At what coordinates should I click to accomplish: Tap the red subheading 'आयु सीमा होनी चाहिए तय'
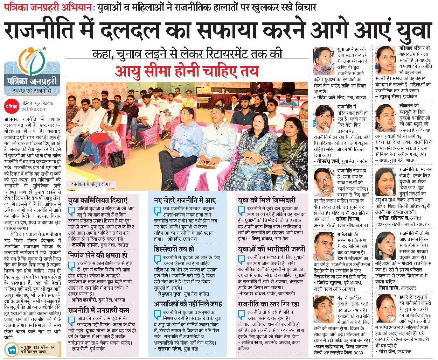188,71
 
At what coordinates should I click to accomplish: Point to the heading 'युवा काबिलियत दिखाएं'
98,200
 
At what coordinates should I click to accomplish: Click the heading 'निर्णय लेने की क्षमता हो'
98,255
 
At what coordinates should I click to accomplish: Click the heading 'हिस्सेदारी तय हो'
174,249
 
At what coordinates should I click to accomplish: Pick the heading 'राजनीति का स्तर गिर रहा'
268,303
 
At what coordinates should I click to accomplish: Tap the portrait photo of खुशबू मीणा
386,58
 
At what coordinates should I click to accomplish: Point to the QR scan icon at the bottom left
13,350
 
